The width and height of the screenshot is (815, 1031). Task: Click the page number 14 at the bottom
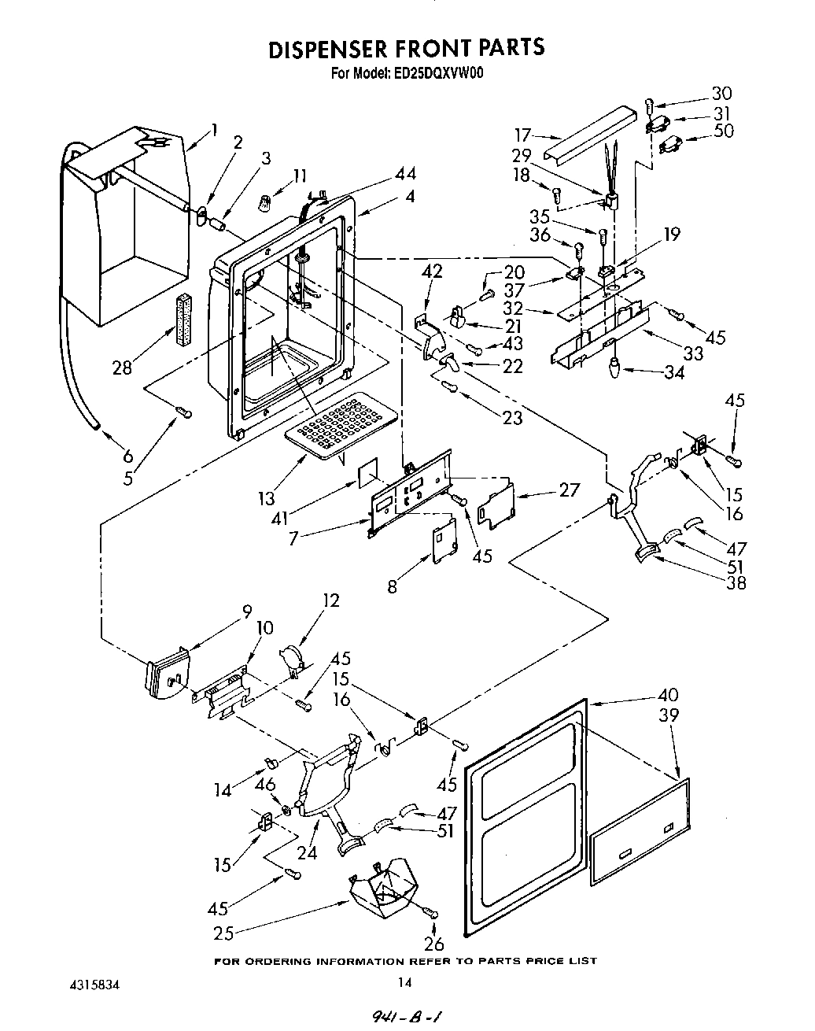pyautogui.click(x=404, y=981)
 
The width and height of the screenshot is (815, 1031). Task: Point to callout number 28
pyautogui.click(x=122, y=367)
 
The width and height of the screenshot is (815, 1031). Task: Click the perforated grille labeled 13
pyautogui.click(x=334, y=417)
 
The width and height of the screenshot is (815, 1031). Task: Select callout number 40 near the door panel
pyautogui.click(x=667, y=696)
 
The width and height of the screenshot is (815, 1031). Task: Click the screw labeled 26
pyautogui.click(x=430, y=912)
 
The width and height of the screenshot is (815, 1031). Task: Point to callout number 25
pyautogui.click(x=224, y=933)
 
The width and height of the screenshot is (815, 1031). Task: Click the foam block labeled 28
pyautogui.click(x=184, y=320)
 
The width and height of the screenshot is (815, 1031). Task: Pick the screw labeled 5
pyautogui.click(x=183, y=411)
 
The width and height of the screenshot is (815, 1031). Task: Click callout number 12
pyautogui.click(x=330, y=600)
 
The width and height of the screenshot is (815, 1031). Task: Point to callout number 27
pyautogui.click(x=568, y=490)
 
